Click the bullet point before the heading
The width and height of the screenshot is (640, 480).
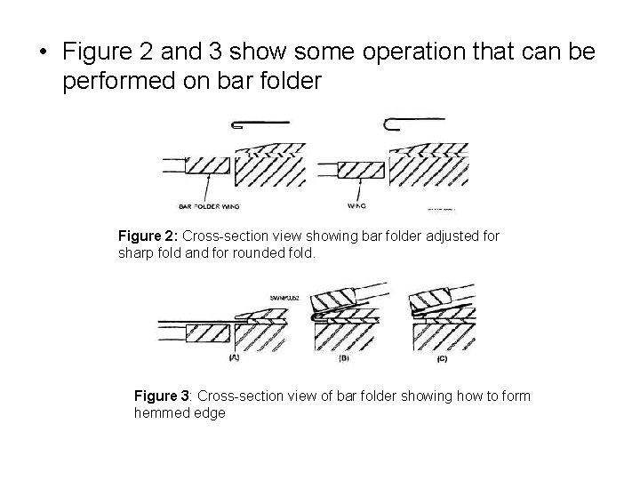click(44, 54)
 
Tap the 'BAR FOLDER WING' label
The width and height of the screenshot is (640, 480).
click(210, 206)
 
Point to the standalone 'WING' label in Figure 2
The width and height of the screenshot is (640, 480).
click(357, 206)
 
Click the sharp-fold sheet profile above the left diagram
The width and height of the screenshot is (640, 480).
click(260, 124)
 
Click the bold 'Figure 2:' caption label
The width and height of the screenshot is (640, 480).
click(148, 236)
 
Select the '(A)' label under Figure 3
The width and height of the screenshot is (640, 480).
click(235, 357)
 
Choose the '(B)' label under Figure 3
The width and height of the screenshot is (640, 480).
click(344, 358)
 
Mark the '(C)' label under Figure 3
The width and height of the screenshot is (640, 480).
click(442, 358)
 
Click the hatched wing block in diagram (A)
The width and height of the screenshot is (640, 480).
click(208, 333)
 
